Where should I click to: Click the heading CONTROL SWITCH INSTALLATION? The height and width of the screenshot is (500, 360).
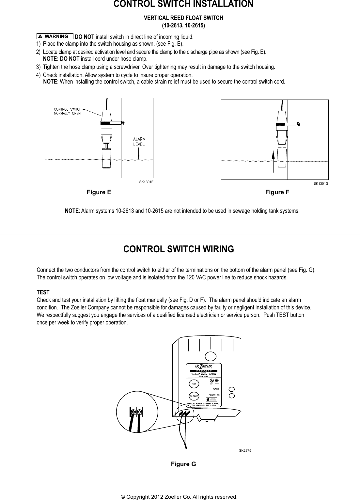tap(183, 4)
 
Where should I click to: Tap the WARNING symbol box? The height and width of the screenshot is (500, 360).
tap(55, 36)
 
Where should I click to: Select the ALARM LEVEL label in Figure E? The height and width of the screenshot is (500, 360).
tap(139, 142)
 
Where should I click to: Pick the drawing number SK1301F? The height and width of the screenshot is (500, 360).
tap(146, 182)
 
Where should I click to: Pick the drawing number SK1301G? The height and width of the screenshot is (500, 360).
tap(321, 184)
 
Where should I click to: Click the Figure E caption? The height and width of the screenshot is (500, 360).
tap(99, 192)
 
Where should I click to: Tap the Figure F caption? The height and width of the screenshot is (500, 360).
tap(277, 192)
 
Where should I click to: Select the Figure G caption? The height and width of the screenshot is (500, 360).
tap(183, 464)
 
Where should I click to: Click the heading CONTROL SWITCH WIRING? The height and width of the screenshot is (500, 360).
tap(179, 249)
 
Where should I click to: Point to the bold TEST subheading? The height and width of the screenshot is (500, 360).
tap(43, 292)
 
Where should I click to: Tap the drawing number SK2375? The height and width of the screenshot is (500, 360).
tap(245, 450)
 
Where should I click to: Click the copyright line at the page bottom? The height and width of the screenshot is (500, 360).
tap(179, 497)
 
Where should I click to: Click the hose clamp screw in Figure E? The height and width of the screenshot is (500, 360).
tap(123, 123)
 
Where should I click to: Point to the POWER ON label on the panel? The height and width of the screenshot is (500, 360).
tap(214, 395)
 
